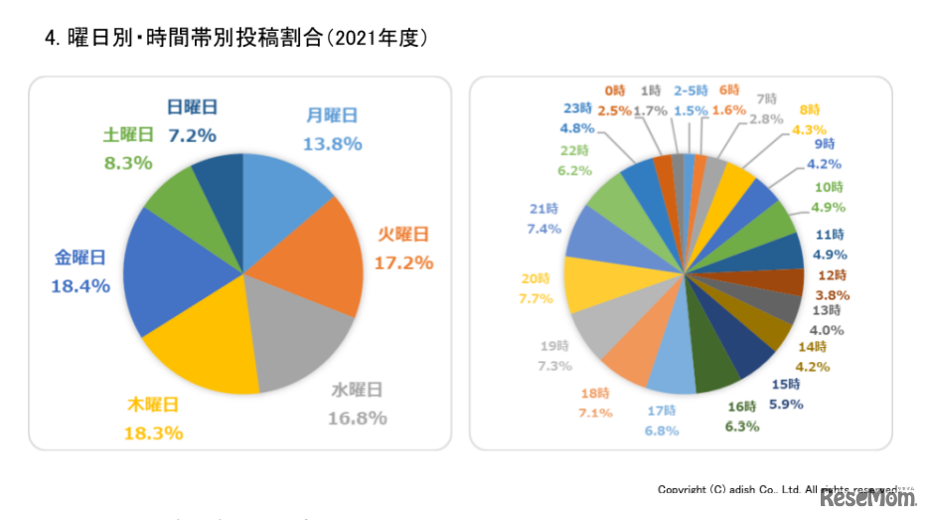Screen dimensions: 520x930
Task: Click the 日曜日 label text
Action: [192, 107]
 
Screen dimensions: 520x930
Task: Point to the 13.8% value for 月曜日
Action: [332, 143]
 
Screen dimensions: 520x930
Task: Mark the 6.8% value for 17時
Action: [661, 431]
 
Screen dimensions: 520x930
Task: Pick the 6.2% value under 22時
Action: [574, 170]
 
